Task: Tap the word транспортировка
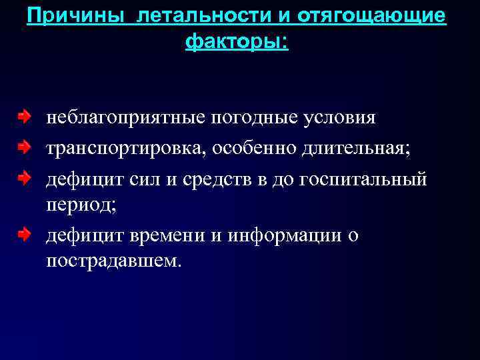pos(126,148)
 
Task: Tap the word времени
pos(170,235)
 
